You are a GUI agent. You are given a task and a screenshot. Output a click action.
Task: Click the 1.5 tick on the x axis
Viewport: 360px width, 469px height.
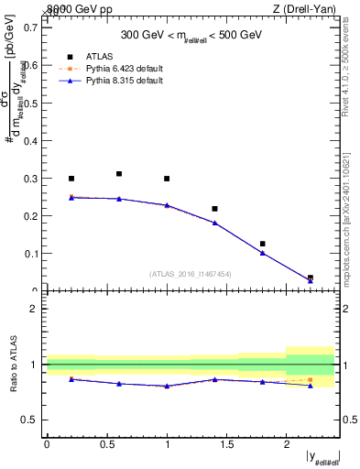click(x=226, y=443)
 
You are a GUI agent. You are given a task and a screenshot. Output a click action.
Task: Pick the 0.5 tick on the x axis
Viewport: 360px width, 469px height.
click(x=106, y=443)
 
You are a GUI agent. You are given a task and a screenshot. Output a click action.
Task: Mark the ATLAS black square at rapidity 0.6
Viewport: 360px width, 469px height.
click(x=119, y=174)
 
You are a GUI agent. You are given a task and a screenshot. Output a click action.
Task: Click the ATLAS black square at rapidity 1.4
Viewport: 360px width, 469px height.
click(x=214, y=209)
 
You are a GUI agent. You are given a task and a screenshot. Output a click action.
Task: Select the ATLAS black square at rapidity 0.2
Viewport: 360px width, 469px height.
click(x=71, y=179)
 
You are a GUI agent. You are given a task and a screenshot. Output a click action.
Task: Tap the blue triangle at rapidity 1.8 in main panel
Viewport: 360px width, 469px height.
click(x=263, y=253)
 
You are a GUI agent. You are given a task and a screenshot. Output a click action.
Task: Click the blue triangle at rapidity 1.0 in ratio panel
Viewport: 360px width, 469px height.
click(x=167, y=386)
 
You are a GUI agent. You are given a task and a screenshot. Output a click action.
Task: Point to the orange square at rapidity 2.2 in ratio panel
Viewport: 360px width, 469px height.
click(x=311, y=379)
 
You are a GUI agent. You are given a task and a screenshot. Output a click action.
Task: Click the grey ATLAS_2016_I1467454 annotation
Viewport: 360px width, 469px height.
click(x=191, y=273)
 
